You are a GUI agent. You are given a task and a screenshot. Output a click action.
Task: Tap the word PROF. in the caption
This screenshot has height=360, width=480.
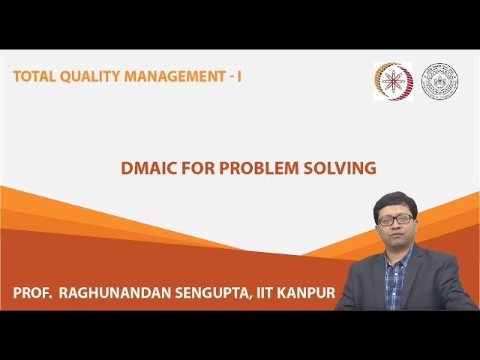point(32,293)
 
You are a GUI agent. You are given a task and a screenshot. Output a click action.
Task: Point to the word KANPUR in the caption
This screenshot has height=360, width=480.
point(308,293)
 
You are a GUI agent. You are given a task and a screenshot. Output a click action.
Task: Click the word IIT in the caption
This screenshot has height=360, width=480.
point(268,293)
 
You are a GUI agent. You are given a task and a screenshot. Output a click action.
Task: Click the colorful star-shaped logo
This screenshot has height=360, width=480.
point(393,81)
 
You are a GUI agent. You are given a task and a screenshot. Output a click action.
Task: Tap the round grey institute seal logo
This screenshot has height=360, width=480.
point(439,81)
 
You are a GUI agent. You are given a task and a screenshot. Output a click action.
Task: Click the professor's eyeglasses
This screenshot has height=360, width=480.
point(395,220)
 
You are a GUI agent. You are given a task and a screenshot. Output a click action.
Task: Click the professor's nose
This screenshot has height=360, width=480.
point(395,226)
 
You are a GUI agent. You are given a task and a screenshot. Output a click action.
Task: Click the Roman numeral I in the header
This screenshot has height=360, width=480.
point(239,76)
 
